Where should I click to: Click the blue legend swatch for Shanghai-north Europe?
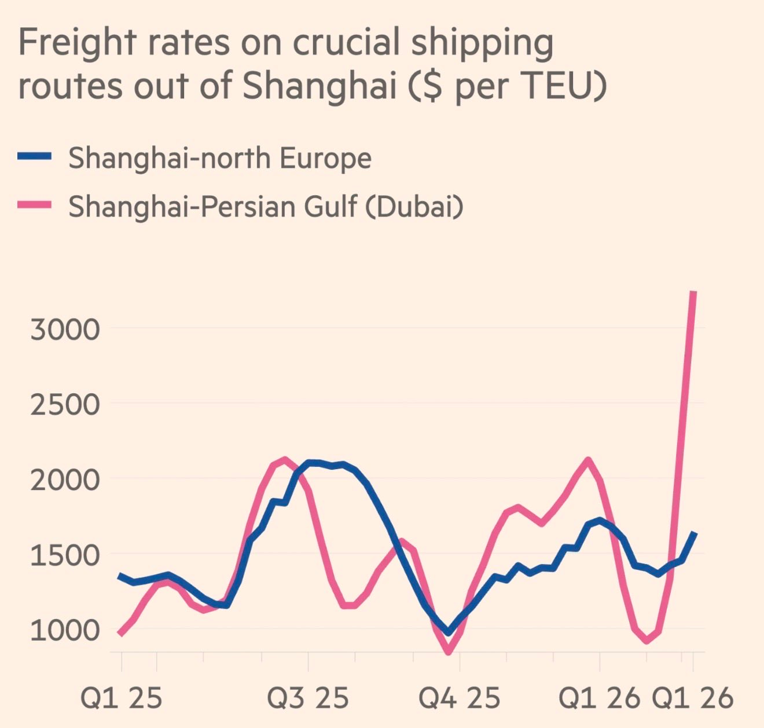35,156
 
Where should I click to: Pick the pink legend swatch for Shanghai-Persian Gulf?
35,205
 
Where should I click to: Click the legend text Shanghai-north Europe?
220,158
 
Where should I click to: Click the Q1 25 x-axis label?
121,698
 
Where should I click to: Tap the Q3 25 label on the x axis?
308,698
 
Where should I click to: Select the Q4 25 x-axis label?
459,698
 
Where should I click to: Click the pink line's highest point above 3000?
693,293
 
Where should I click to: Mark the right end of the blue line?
695,533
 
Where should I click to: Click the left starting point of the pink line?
120,634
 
